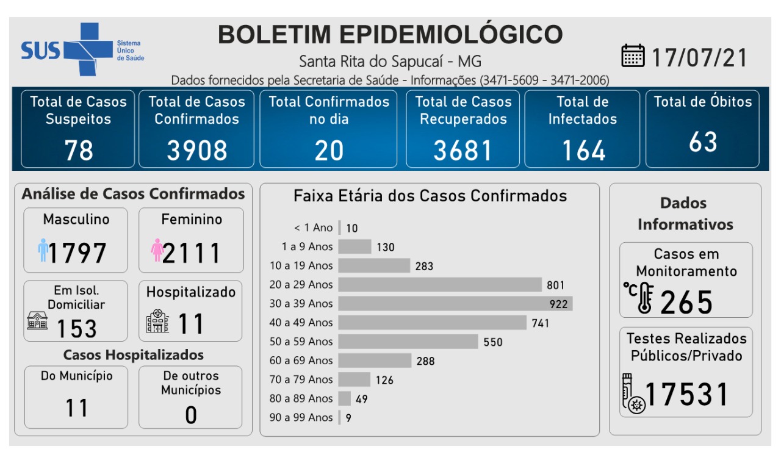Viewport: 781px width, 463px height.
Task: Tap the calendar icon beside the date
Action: (x=633, y=56)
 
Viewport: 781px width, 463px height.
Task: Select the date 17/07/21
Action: (x=699, y=57)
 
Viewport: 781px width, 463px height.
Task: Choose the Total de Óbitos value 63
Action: (x=702, y=142)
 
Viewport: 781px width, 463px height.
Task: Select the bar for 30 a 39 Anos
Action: (x=455, y=304)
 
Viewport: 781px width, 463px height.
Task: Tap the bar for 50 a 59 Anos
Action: (x=408, y=342)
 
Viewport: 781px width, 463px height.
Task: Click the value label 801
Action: (x=555, y=285)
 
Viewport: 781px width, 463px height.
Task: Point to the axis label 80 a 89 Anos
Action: (x=301, y=398)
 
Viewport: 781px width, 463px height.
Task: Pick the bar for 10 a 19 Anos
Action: (x=373, y=266)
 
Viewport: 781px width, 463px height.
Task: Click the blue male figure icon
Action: (x=43, y=250)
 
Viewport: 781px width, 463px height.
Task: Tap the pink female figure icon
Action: (x=157, y=250)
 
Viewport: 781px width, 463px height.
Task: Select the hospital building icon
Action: (x=157, y=321)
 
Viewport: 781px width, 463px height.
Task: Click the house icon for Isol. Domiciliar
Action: (x=37, y=321)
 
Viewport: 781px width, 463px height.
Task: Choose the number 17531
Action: (x=687, y=395)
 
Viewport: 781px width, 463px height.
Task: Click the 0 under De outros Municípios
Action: (x=191, y=415)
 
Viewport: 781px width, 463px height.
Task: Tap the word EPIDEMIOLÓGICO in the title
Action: (x=459, y=34)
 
